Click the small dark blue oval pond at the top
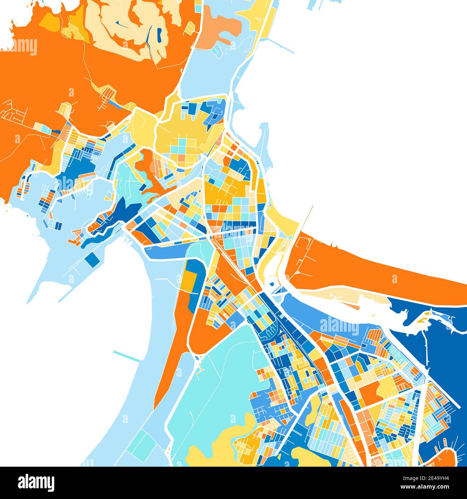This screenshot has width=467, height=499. click(159, 34)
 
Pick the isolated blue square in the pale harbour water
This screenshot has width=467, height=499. click(92, 259)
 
